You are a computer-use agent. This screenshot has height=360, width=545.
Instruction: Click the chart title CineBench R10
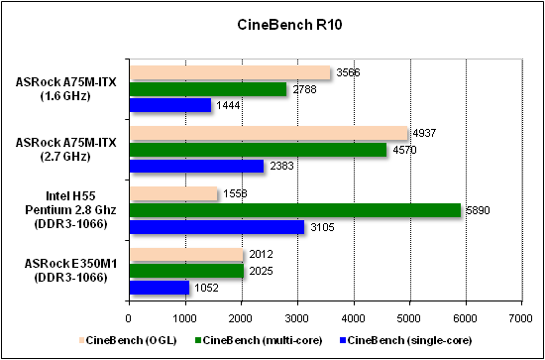tap(273, 22)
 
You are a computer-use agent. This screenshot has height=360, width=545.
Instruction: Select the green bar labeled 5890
tap(294, 210)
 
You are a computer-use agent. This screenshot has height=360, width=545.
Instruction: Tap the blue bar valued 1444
tap(169, 105)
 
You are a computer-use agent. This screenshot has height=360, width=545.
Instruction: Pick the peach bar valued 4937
tap(268, 134)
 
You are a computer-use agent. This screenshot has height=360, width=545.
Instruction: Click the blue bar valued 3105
tap(216, 227)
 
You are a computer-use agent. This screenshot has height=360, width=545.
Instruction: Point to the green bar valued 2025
tap(185, 271)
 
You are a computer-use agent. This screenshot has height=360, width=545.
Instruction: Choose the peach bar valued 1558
tap(172, 194)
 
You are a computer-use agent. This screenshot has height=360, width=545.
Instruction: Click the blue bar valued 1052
tap(159, 288)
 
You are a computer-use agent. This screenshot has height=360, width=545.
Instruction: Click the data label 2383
tap(280, 167)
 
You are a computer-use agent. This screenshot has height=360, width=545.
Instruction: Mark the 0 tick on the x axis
tap(129, 317)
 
